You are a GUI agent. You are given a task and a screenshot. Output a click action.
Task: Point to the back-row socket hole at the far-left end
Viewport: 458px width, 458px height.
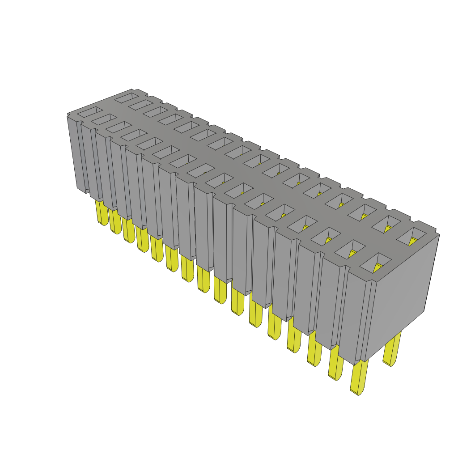click(127, 97)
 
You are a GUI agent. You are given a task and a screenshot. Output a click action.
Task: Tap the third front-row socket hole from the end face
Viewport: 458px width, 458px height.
click(327, 236)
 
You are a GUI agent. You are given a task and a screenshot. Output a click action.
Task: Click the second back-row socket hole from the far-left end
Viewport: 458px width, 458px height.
click(140, 104)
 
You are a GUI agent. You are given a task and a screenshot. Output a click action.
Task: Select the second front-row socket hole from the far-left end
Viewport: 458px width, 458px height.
click(104, 119)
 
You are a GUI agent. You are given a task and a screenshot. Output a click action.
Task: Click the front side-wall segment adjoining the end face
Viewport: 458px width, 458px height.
click(356, 318)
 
